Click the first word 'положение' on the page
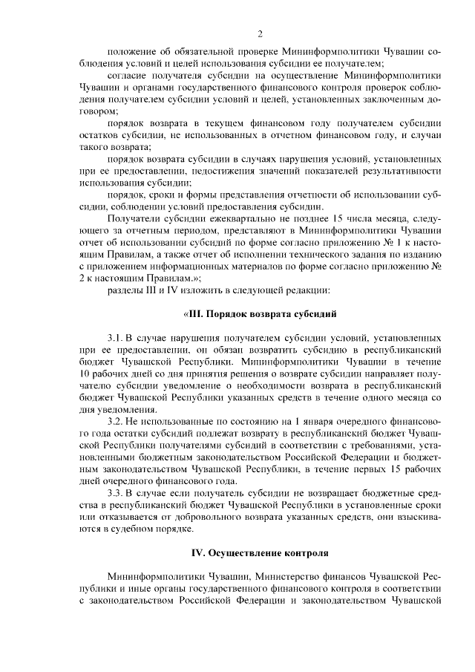coord(131,50)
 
